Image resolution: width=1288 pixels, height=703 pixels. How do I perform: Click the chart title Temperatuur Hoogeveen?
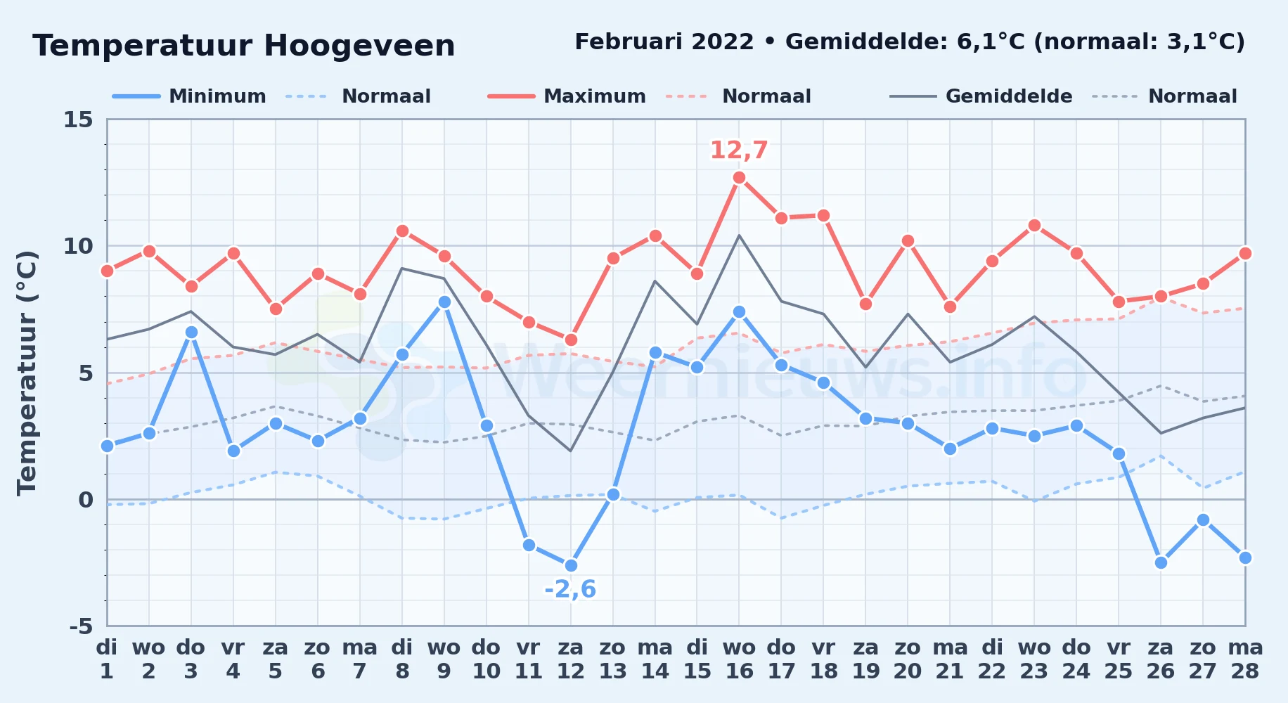pos(244,46)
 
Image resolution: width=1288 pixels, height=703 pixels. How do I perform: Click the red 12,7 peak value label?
pos(739,150)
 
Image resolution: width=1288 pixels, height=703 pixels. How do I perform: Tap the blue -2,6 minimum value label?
pos(570,589)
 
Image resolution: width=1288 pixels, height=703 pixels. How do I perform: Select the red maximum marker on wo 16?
pos(739,178)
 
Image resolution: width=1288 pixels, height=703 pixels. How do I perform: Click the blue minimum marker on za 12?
pos(571,565)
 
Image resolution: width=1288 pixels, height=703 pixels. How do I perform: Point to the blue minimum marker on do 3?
pos(191,332)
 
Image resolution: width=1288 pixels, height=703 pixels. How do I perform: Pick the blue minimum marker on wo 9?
pos(444,302)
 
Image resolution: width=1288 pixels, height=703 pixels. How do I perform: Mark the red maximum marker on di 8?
pos(402,231)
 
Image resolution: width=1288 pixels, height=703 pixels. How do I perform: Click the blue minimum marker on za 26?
pos(1161,562)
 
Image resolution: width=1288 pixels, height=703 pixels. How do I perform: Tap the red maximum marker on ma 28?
pos(1245,253)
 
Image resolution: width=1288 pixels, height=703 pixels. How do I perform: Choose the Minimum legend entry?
pos(190,96)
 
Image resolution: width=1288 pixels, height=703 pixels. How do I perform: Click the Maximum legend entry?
pos(567,96)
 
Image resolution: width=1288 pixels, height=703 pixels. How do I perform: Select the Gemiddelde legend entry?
pos(981,96)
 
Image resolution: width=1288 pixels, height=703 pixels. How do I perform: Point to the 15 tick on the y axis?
pos(78,120)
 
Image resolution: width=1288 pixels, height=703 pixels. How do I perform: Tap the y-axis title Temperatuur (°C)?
pos(27,373)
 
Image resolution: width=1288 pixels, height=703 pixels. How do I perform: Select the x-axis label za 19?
pos(865,659)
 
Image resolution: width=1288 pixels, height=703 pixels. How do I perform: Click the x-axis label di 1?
pos(107,659)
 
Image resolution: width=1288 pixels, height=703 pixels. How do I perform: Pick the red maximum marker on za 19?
pos(865,304)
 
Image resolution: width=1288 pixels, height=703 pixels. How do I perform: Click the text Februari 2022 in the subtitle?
pos(664,42)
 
